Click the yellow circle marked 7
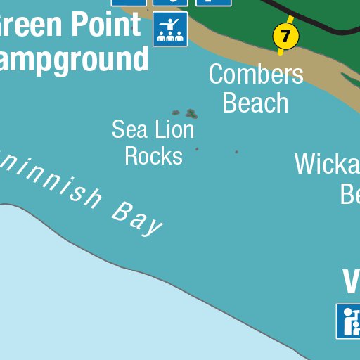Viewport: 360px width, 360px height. pyautogui.click(x=285, y=34)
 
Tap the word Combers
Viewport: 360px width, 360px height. pyautogui.click(x=256, y=74)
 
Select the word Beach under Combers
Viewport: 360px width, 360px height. pyautogui.click(x=255, y=103)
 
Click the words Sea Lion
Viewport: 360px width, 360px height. pyautogui.click(x=153, y=129)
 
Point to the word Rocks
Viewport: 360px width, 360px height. pyautogui.click(x=153, y=155)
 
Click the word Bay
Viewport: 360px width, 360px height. pyautogui.click(x=137, y=218)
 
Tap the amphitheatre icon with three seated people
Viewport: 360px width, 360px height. pyautogui.click(x=170, y=29)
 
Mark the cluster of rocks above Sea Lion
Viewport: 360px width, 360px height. pyautogui.click(x=186, y=112)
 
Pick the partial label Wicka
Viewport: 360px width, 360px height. pyautogui.click(x=327, y=164)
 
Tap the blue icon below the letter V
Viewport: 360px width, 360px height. pyautogui.click(x=349, y=321)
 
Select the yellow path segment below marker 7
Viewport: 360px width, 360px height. pyautogui.click(x=281, y=51)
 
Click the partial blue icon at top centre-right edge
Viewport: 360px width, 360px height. pyautogui.click(x=214, y=2)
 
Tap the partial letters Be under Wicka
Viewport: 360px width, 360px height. pyautogui.click(x=349, y=193)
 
